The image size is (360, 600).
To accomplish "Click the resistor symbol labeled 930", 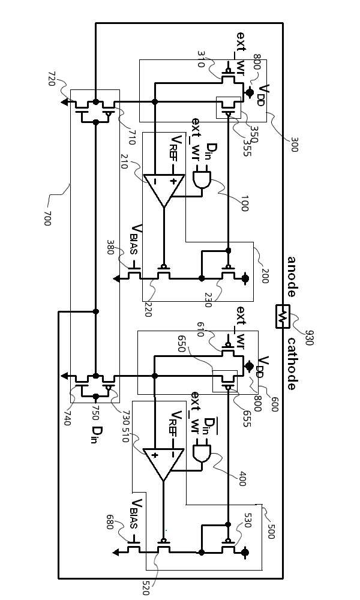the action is (283, 316).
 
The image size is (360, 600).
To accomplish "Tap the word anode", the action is (292, 277).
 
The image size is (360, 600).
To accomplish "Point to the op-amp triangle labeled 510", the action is (164, 464).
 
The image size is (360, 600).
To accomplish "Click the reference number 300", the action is (293, 144).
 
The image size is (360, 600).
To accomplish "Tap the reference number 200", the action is (265, 276).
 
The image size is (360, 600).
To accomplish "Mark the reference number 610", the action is (202, 329).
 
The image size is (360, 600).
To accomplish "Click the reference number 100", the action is (244, 204).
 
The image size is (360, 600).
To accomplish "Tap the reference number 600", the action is (274, 404).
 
